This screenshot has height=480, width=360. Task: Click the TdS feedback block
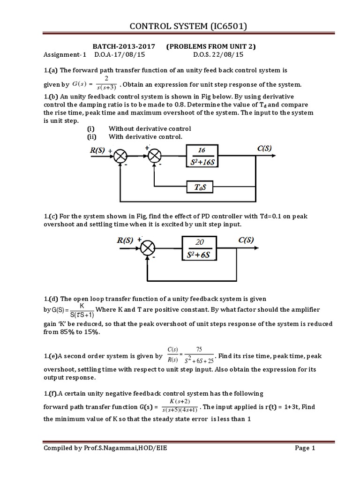[203, 187]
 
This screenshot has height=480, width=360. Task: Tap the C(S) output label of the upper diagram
[265, 149]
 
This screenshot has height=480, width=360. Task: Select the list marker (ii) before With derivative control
[93, 137]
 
